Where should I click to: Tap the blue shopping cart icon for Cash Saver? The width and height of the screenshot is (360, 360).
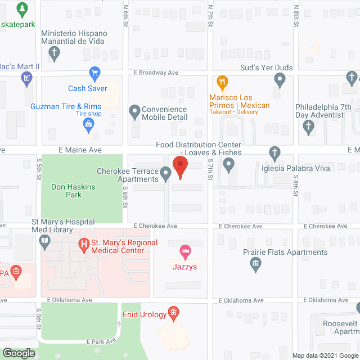click(94, 73)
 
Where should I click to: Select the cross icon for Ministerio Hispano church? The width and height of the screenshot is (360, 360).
click(54, 54)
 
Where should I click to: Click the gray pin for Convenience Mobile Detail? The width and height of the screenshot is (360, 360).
click(134, 112)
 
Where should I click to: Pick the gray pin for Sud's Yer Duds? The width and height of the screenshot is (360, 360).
click(280, 81)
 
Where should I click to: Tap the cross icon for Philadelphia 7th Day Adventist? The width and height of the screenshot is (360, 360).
click(308, 128)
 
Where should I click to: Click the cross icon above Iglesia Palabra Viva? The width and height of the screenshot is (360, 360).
click(274, 152)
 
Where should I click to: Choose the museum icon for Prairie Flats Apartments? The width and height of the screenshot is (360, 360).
click(256, 264)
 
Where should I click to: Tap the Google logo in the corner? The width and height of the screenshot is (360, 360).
click(19, 353)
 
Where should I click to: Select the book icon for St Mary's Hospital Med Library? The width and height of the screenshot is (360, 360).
click(44, 242)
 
